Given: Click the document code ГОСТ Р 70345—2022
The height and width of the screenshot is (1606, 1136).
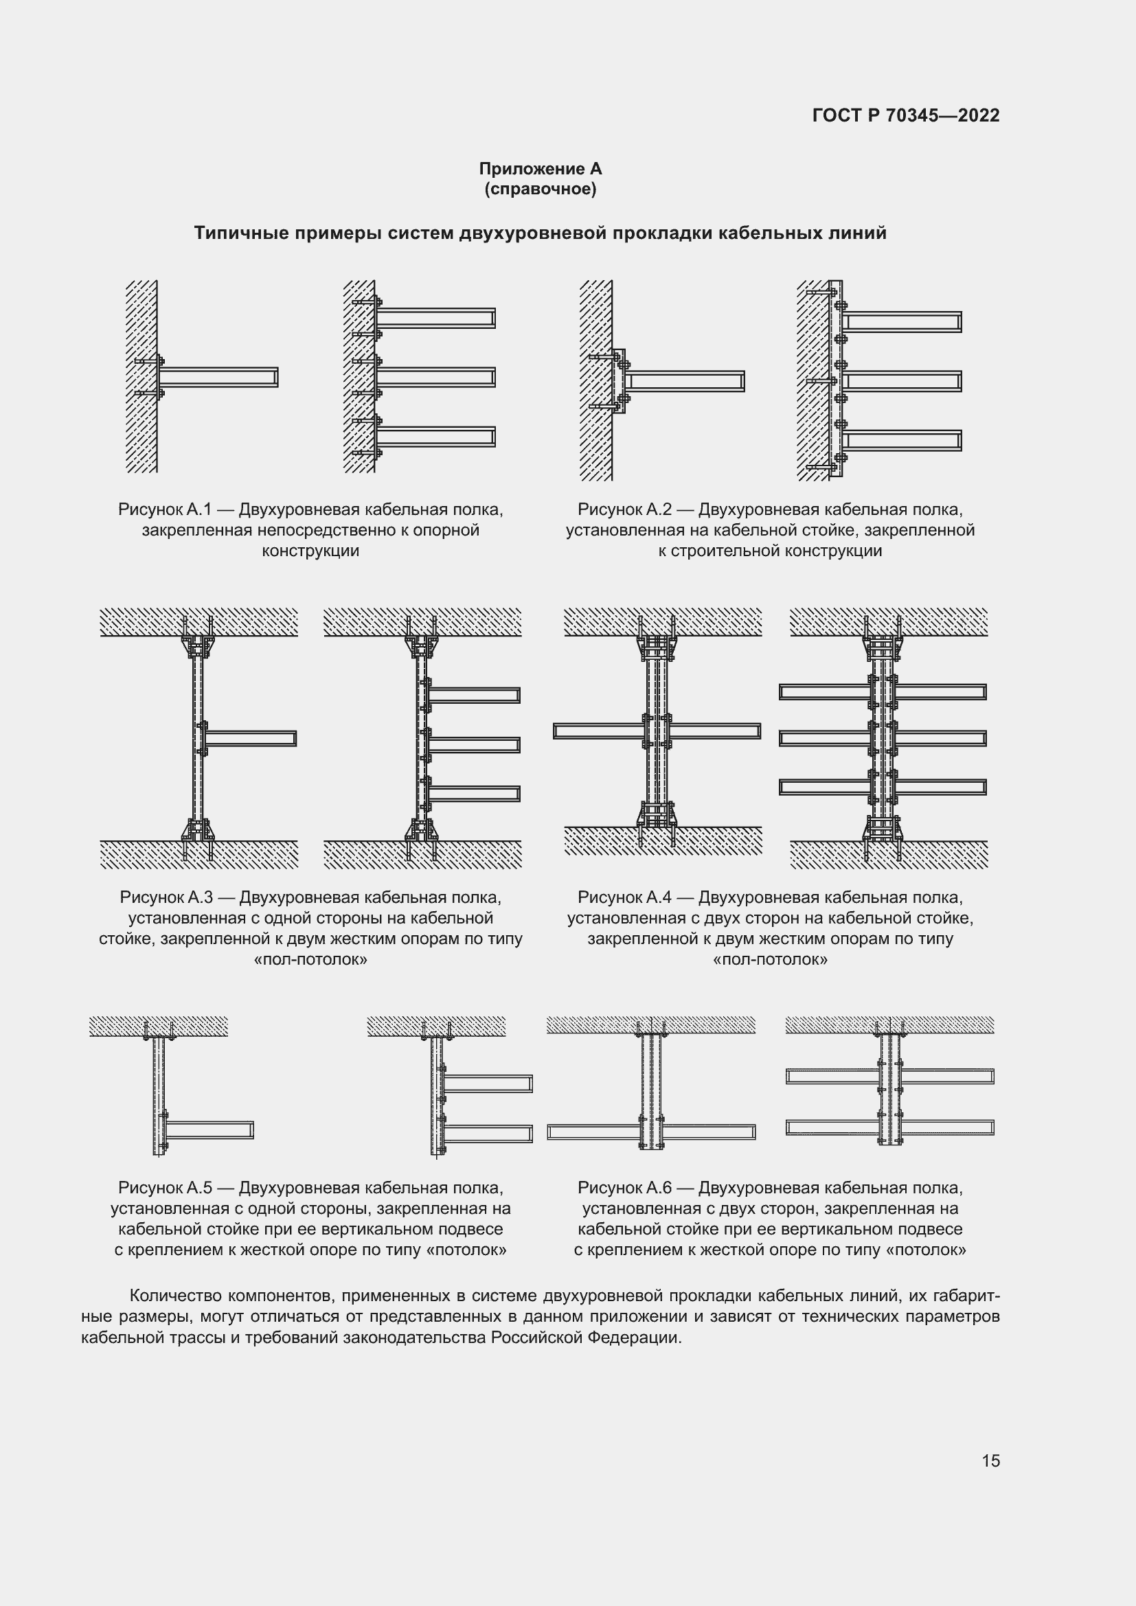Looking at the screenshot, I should (x=906, y=115).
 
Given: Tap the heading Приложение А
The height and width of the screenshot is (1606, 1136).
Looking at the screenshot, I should (x=540, y=169).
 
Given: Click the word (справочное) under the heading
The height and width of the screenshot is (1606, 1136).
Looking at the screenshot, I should (x=540, y=189).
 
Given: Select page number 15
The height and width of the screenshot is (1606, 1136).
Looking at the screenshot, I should (x=990, y=1460).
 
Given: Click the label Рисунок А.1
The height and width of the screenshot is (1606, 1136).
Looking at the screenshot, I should (x=164, y=510).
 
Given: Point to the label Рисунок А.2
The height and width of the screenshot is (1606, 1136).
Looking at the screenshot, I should (x=624, y=510).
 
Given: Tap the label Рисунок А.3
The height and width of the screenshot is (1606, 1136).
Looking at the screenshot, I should (x=166, y=897).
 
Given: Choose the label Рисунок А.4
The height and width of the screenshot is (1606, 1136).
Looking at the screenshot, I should (x=624, y=897).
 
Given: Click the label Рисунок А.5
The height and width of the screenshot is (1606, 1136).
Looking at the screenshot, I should (x=164, y=1188).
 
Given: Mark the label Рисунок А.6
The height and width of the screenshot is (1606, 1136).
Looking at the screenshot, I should (x=624, y=1188).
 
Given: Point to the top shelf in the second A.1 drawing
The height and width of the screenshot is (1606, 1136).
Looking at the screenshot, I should (x=435, y=319).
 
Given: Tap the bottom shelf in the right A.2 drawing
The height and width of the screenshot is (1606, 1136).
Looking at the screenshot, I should (x=901, y=441).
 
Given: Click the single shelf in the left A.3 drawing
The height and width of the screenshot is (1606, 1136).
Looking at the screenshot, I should (x=251, y=739).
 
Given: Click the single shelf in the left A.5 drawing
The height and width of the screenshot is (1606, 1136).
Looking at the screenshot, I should (x=209, y=1129).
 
